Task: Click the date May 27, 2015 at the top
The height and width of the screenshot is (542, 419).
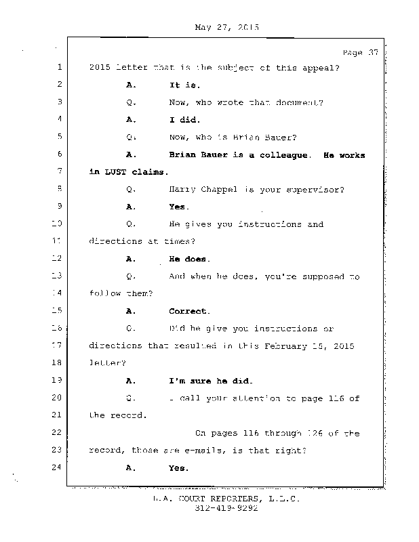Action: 226,28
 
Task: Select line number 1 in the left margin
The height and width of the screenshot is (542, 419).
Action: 59,67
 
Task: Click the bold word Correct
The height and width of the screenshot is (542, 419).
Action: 189,311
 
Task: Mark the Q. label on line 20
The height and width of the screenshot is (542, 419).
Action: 131,398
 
